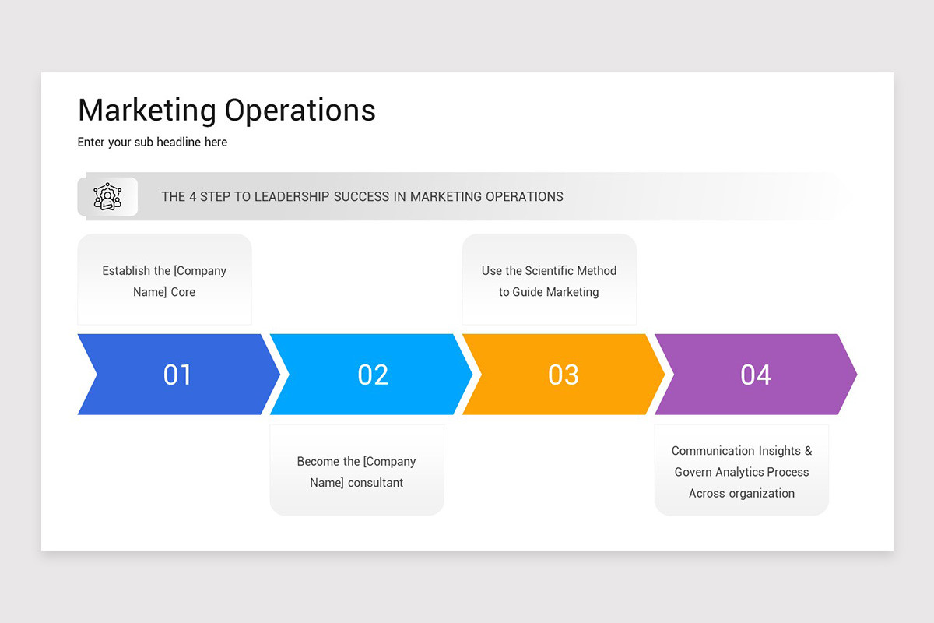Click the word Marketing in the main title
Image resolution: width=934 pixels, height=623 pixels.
147,110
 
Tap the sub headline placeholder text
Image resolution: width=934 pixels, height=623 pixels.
153,142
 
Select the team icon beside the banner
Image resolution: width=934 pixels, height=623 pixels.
107,196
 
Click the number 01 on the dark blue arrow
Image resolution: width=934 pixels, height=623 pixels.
177,375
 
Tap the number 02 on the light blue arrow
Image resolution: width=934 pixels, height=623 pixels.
373,375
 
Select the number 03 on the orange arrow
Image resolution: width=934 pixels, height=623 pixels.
564,375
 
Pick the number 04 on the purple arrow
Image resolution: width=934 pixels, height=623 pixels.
756,375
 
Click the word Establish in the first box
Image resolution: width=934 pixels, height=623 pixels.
125,271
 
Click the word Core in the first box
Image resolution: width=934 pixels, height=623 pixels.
183,292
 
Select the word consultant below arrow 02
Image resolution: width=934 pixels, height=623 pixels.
375,483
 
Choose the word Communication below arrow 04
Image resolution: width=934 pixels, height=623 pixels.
715,451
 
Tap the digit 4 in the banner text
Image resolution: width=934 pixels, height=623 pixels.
192,196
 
